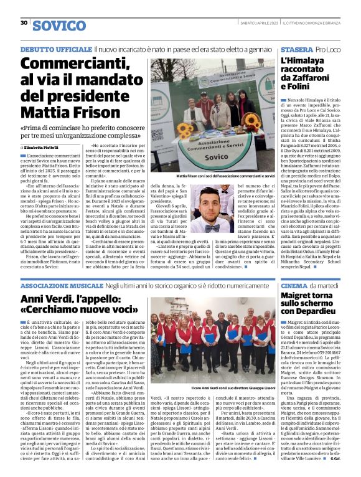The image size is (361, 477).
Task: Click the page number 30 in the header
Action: [x=24, y=23]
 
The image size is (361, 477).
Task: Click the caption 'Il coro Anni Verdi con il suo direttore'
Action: [x=205, y=388]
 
